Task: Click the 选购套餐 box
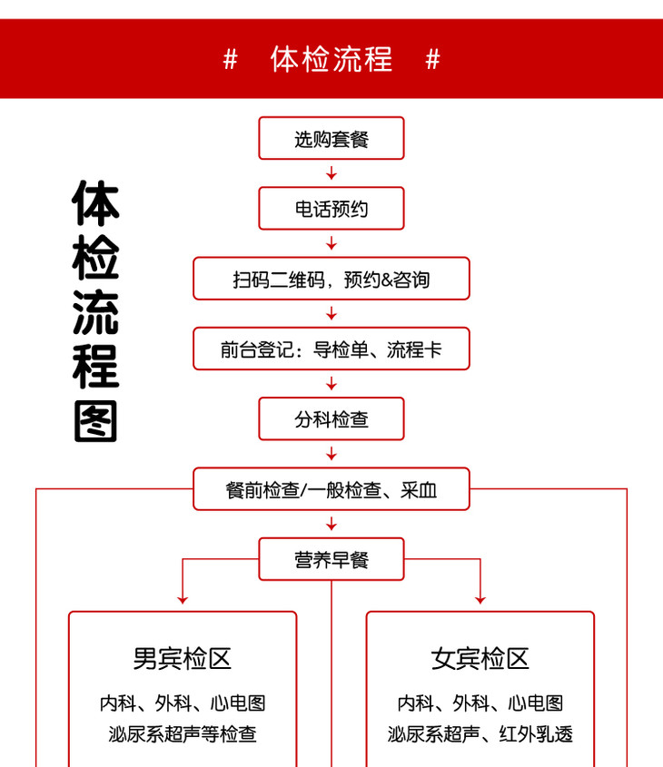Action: click(x=331, y=139)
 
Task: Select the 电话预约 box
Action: click(x=331, y=209)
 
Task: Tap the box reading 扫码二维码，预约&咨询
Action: click(x=331, y=279)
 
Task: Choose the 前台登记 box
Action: click(x=331, y=349)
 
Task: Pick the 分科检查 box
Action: click(x=331, y=418)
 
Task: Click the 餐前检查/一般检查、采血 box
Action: click(x=331, y=489)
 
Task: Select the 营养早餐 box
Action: click(x=331, y=559)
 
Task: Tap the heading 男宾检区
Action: click(x=183, y=658)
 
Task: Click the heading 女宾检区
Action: click(x=480, y=658)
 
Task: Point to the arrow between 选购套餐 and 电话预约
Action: click(x=331, y=173)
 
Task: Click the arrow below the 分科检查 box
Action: click(x=331, y=453)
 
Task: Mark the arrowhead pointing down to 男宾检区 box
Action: click(x=183, y=598)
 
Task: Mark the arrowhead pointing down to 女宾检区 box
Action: click(x=480, y=598)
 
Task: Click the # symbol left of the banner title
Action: click(x=230, y=59)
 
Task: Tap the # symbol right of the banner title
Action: click(x=433, y=59)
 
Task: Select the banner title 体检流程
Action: click(x=331, y=59)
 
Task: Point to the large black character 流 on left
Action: click(x=96, y=311)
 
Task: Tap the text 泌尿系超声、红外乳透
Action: click(x=480, y=734)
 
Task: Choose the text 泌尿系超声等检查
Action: click(x=183, y=734)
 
